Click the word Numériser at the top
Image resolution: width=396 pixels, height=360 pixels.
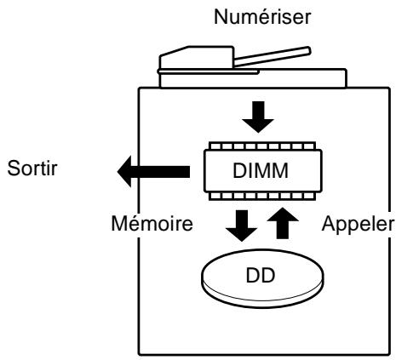(x=262, y=17)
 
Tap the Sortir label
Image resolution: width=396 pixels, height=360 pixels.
(x=32, y=169)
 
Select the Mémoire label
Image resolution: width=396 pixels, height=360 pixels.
(x=152, y=224)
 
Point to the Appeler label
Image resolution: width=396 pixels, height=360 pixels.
(x=358, y=224)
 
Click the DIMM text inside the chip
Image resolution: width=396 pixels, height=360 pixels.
(x=261, y=170)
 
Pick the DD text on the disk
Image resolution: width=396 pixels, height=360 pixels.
(x=261, y=276)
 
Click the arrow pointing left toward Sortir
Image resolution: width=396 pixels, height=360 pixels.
(x=153, y=171)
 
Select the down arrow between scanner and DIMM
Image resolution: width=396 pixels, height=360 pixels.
(x=258, y=117)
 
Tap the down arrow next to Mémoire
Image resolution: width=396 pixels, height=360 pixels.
(x=242, y=226)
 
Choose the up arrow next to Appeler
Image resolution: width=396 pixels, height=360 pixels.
(x=283, y=223)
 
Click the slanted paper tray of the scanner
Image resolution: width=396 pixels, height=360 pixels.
(x=272, y=57)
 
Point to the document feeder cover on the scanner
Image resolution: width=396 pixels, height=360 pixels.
(x=197, y=57)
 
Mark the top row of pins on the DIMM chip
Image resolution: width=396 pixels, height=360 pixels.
(x=262, y=146)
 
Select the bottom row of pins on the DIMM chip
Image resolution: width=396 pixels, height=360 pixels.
(x=262, y=196)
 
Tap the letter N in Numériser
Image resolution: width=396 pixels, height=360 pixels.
(x=221, y=17)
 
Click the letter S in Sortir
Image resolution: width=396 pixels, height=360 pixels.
(x=14, y=169)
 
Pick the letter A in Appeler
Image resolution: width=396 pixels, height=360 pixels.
(x=329, y=224)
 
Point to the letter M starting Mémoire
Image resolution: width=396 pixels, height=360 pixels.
(x=119, y=224)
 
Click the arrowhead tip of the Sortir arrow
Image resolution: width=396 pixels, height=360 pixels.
(x=118, y=171)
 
